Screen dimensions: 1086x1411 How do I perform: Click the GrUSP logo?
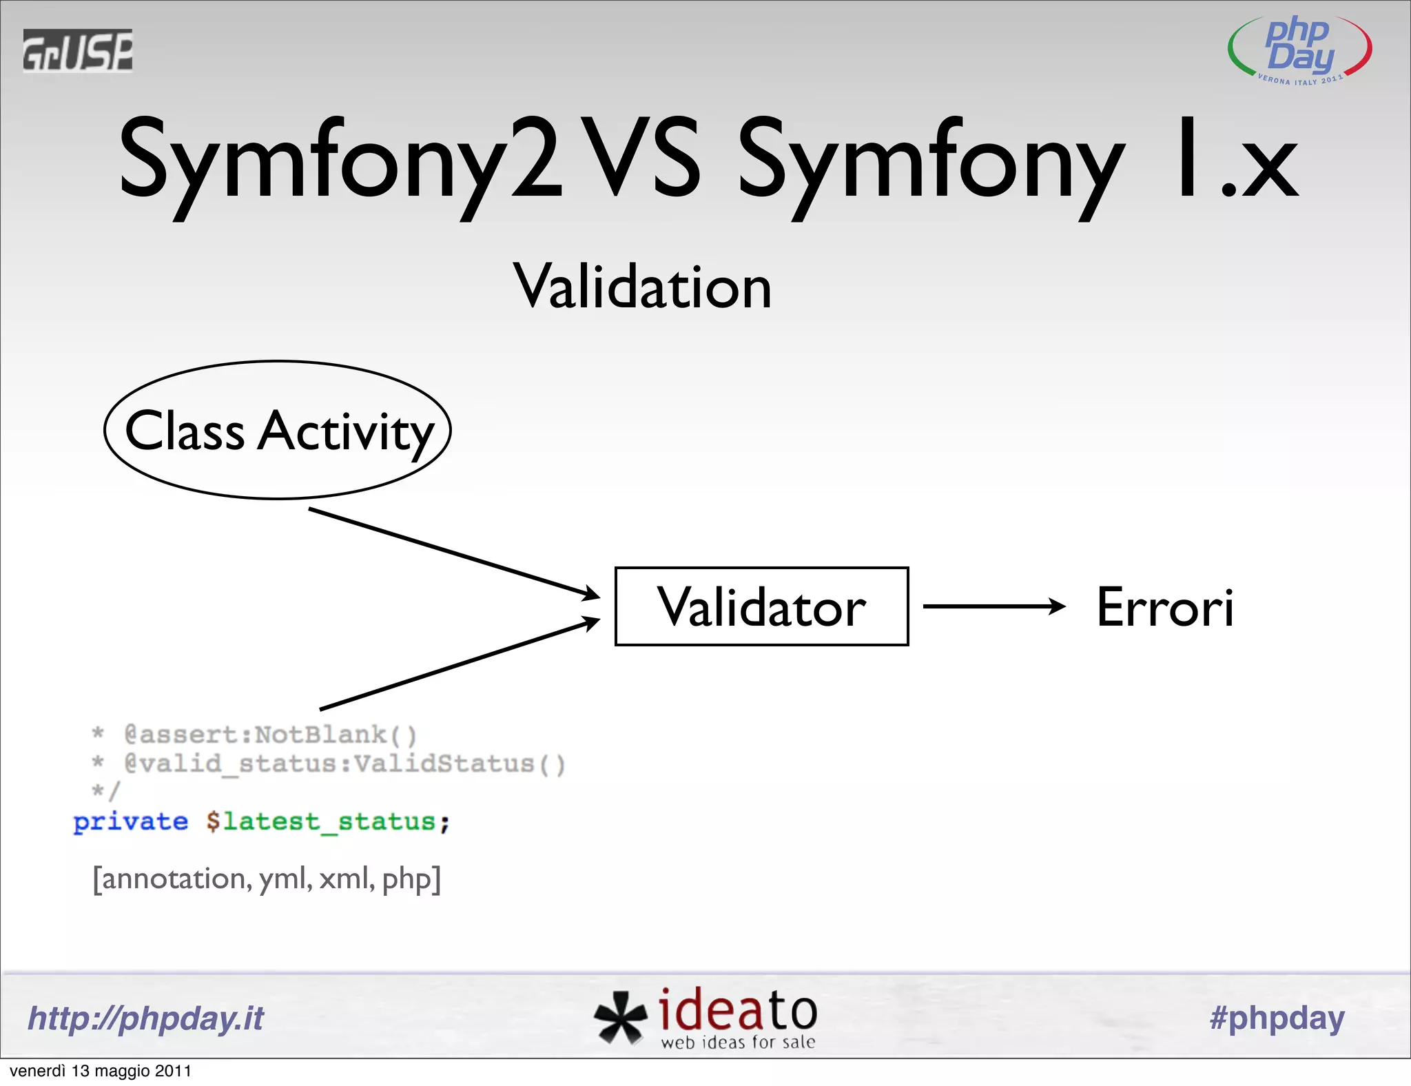pos(77,50)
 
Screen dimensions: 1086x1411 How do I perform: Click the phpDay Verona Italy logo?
pos(1299,50)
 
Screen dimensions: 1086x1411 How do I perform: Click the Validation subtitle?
pos(642,287)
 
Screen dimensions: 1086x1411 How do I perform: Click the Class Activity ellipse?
pos(278,430)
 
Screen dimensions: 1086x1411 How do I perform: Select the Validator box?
pos(761,606)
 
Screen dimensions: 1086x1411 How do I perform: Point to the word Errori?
pos(1165,608)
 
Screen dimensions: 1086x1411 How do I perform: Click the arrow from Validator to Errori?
pos(993,606)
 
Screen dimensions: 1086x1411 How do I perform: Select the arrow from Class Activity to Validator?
pos(455,553)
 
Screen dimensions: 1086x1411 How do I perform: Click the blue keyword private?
pos(130,821)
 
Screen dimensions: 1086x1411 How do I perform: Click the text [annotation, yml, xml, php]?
pos(267,879)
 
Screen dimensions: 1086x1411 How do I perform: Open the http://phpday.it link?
pos(145,1018)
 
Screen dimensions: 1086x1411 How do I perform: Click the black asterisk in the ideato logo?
pos(619,1017)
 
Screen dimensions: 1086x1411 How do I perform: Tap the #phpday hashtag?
pos(1277,1018)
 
